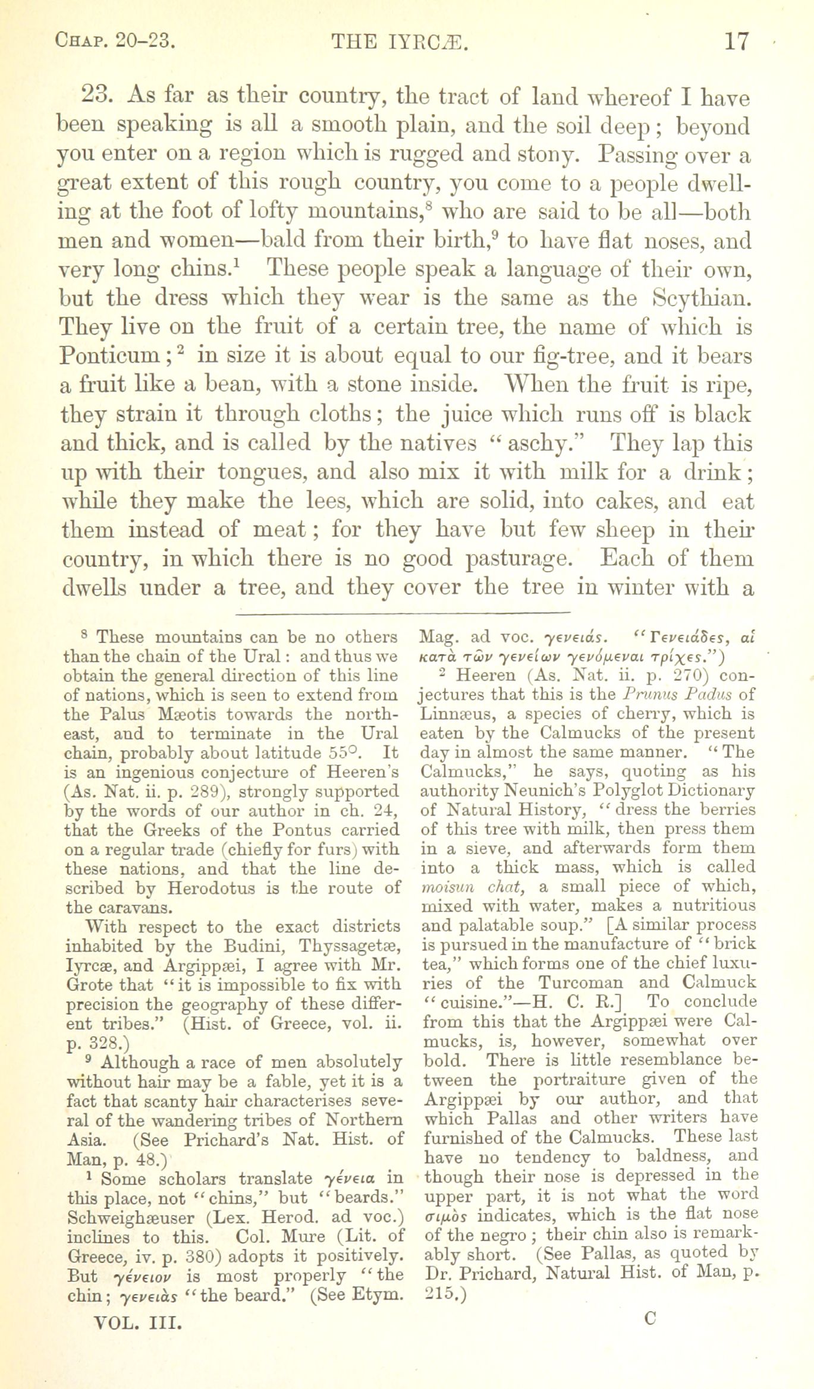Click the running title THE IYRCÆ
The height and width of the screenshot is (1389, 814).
(x=400, y=42)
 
